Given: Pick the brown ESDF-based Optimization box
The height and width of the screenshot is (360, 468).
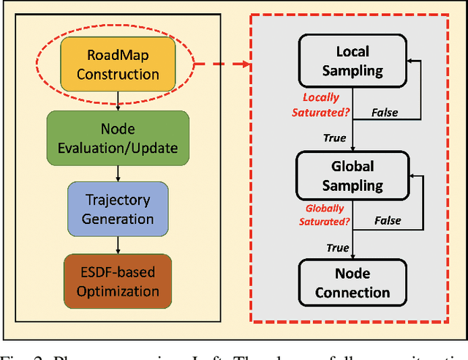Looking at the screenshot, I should click(118, 280).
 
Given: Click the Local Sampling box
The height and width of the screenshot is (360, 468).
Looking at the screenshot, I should click(352, 61).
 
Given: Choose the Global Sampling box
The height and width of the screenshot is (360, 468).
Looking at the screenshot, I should click(352, 176).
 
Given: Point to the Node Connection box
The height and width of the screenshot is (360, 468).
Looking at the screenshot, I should click(352, 283).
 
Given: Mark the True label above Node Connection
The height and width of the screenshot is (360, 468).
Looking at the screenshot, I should click(337, 248).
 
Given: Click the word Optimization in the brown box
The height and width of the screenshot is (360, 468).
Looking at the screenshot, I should click(118, 290).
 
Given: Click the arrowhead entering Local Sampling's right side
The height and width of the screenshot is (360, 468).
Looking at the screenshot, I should click(412, 62).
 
